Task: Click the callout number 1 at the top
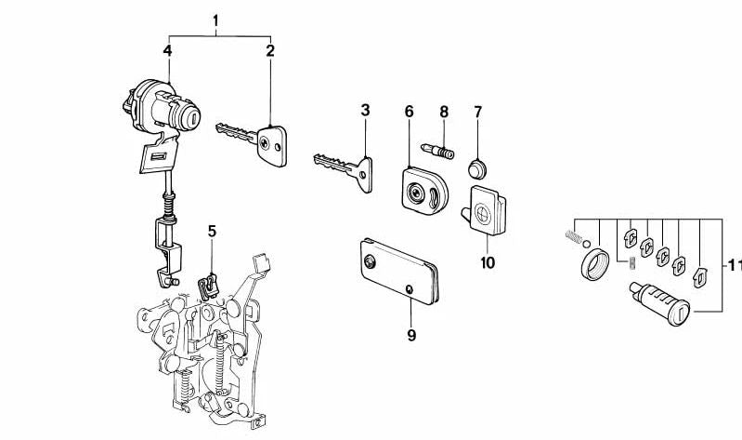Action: pyautogui.click(x=215, y=20)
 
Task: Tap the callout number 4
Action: pyautogui.click(x=167, y=51)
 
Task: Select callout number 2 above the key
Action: pyautogui.click(x=270, y=51)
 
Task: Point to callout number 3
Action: pyautogui.click(x=365, y=111)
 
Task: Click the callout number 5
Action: pyautogui.click(x=212, y=232)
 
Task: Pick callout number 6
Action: pyautogui.click(x=409, y=112)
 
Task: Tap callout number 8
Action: pyautogui.click(x=443, y=112)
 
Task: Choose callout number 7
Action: pyautogui.click(x=478, y=112)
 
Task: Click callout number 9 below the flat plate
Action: pyautogui.click(x=411, y=335)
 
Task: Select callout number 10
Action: pyautogui.click(x=487, y=262)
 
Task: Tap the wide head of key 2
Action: pyautogui.click(x=272, y=145)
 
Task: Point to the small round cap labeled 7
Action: pyautogui.click(x=477, y=169)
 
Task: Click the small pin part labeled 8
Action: pyautogui.click(x=437, y=151)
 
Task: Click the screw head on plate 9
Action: pyautogui.click(x=369, y=261)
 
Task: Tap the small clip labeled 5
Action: pyautogui.click(x=208, y=287)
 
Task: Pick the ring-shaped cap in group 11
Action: pyautogui.click(x=592, y=263)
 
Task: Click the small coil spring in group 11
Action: pyautogui.click(x=574, y=236)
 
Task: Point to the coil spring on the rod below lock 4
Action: pyautogui.click(x=168, y=206)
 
